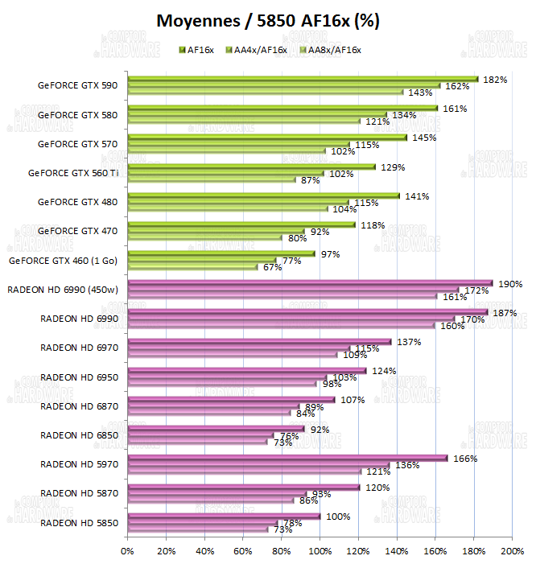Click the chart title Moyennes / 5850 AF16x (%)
click(x=268, y=21)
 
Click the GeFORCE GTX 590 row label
click(x=77, y=85)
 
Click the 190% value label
click(x=511, y=284)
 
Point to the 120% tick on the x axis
click(x=358, y=551)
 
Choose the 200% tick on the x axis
click(x=513, y=551)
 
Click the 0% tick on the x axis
click(x=127, y=551)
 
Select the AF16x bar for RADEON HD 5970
click(x=287, y=459)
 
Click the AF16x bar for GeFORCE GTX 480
click(x=263, y=196)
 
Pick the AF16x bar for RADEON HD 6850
click(x=216, y=429)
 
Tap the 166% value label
click(x=465, y=459)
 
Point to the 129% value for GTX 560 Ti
click(x=393, y=167)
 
